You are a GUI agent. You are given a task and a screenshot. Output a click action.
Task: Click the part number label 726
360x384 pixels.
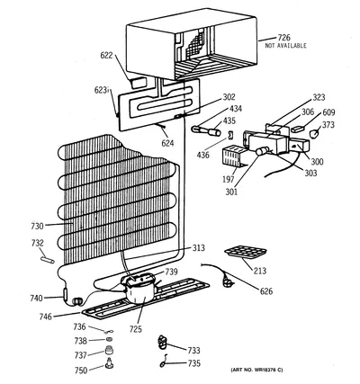tap(283, 38)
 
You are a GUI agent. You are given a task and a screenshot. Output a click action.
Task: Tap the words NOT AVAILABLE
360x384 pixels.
tap(285, 46)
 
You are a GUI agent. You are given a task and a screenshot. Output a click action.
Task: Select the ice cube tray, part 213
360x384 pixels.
tap(245, 252)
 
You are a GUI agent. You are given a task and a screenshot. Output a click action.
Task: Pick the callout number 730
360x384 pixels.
tap(38, 226)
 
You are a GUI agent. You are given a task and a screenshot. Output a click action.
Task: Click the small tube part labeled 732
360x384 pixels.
tap(47, 259)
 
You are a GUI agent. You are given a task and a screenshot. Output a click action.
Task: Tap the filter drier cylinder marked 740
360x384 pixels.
tap(66, 294)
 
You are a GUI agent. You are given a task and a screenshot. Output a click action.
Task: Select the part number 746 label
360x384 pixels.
tap(46, 317)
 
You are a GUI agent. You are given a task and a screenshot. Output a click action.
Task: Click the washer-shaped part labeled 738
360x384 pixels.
tap(110, 340)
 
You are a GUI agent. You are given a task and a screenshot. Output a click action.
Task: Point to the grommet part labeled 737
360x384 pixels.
tap(109, 351)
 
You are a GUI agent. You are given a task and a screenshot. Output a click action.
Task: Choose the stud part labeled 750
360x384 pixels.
tap(109, 362)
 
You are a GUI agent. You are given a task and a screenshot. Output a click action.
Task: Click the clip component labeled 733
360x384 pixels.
tap(162, 343)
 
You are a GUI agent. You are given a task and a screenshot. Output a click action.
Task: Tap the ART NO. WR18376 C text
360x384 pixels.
tap(256, 370)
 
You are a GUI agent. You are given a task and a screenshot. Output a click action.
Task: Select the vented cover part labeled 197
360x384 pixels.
tap(233, 156)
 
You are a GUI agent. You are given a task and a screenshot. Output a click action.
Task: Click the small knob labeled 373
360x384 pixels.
tap(315, 133)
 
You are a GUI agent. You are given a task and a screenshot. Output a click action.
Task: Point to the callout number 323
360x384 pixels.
tap(319, 97)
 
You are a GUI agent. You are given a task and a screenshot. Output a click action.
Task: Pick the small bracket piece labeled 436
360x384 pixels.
tap(230, 135)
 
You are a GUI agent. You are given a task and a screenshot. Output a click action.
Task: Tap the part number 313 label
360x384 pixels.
tap(199, 248)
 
